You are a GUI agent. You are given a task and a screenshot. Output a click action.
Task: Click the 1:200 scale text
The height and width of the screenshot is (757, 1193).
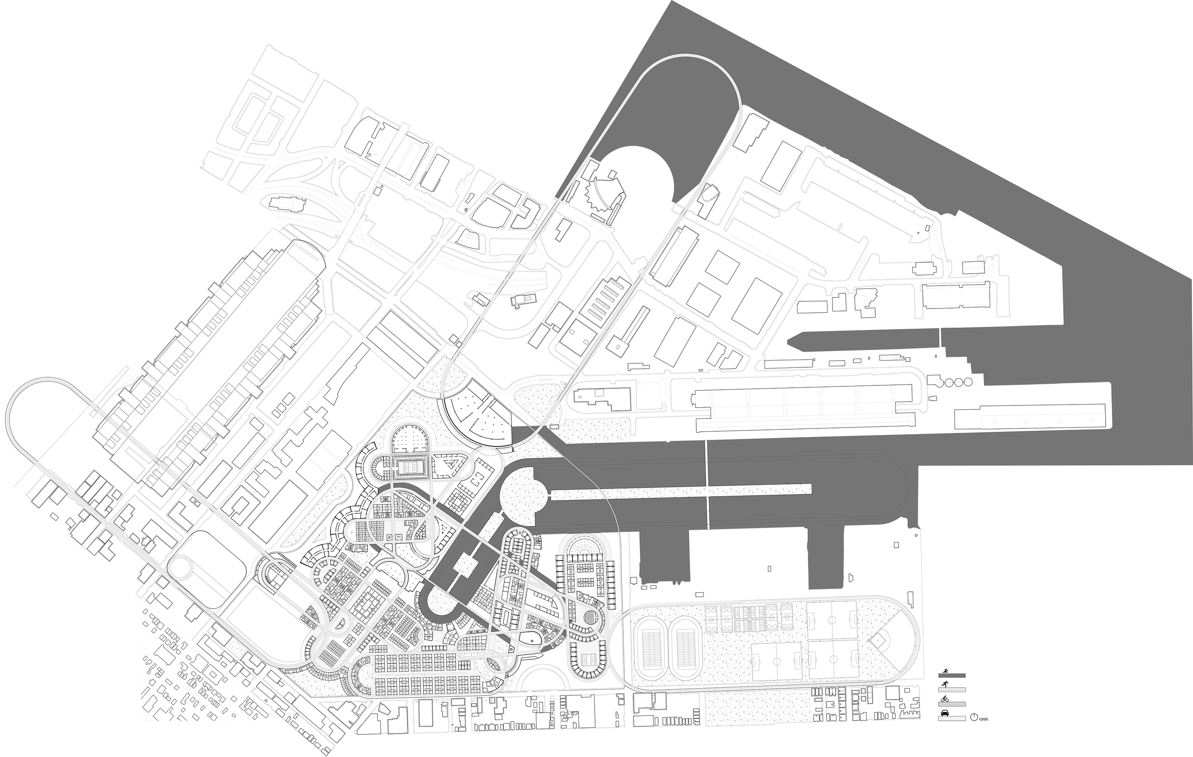[983, 718]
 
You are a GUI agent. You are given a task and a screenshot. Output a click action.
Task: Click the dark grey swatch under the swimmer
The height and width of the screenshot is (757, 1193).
[952, 676]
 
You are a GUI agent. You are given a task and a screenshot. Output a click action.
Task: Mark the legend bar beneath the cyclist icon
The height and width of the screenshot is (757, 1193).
[952, 704]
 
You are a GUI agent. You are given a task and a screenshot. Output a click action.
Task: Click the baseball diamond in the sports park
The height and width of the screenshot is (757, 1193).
[879, 640]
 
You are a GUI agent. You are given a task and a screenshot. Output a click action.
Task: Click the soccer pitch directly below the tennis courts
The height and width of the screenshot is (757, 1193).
[776, 662]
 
